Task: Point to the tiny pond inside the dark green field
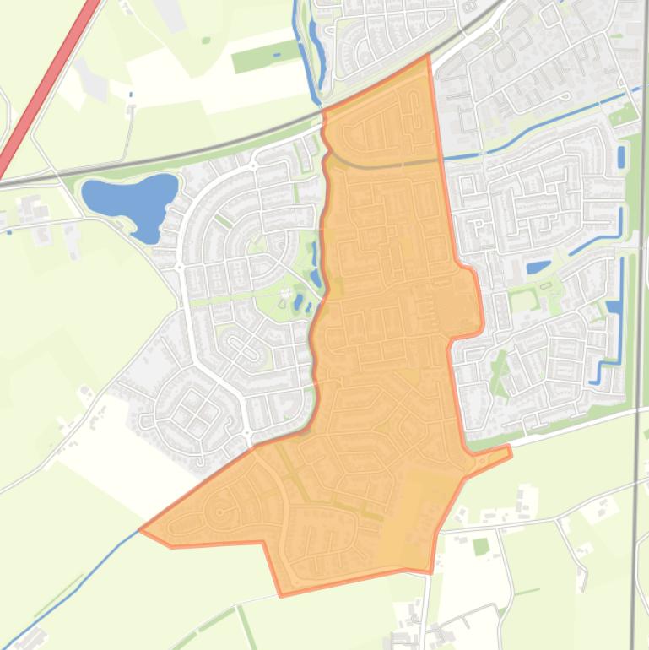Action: [x=277, y=56]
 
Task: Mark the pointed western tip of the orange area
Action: [x=141, y=531]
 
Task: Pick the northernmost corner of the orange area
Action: [x=428, y=57]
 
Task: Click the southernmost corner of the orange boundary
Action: [x=282, y=594]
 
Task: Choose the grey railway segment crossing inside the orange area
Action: [x=380, y=165]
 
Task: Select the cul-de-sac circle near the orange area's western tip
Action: [x=221, y=512]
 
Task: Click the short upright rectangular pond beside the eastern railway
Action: [x=622, y=157]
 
